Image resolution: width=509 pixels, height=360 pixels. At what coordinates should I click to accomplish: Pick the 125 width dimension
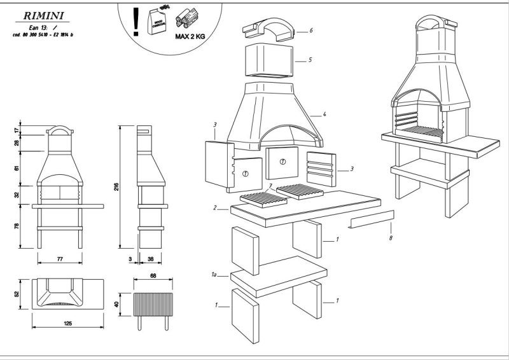67,323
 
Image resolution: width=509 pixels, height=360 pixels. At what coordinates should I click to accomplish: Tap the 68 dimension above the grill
153,277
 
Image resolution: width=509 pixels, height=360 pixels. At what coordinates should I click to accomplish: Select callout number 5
310,60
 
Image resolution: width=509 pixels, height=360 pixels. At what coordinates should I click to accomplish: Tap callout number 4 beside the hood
324,114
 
